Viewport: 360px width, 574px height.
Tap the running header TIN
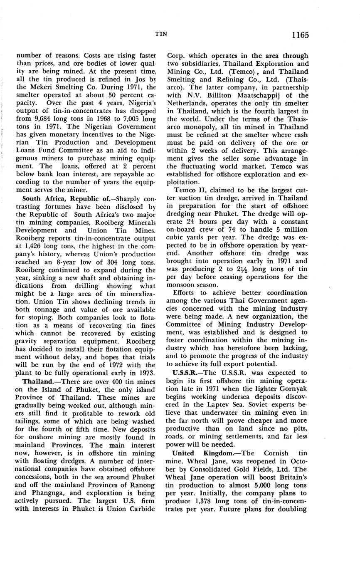point(161,34)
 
